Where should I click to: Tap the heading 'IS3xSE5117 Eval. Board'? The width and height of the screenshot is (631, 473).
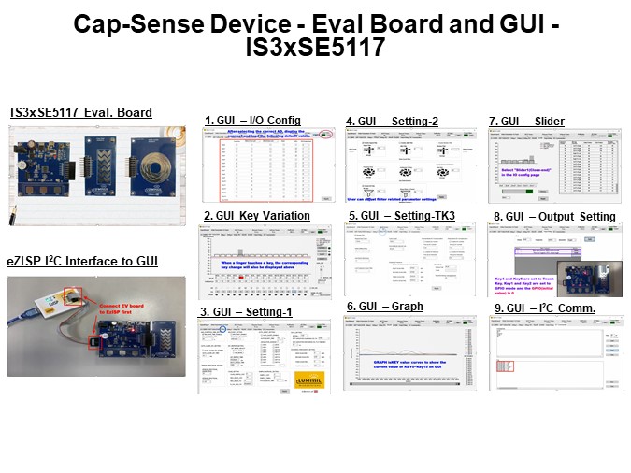(x=81, y=113)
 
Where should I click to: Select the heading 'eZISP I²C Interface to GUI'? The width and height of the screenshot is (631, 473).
(x=82, y=259)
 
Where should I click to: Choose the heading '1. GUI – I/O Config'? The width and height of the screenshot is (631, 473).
(x=253, y=121)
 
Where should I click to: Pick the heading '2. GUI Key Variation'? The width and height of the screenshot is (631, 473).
(x=257, y=216)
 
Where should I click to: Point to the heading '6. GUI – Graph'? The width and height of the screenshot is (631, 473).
(x=385, y=307)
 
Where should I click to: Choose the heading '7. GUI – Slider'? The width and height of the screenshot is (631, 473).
(x=526, y=121)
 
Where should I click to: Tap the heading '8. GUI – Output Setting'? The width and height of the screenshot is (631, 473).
(x=554, y=217)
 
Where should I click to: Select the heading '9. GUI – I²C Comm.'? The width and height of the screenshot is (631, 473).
(x=544, y=308)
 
